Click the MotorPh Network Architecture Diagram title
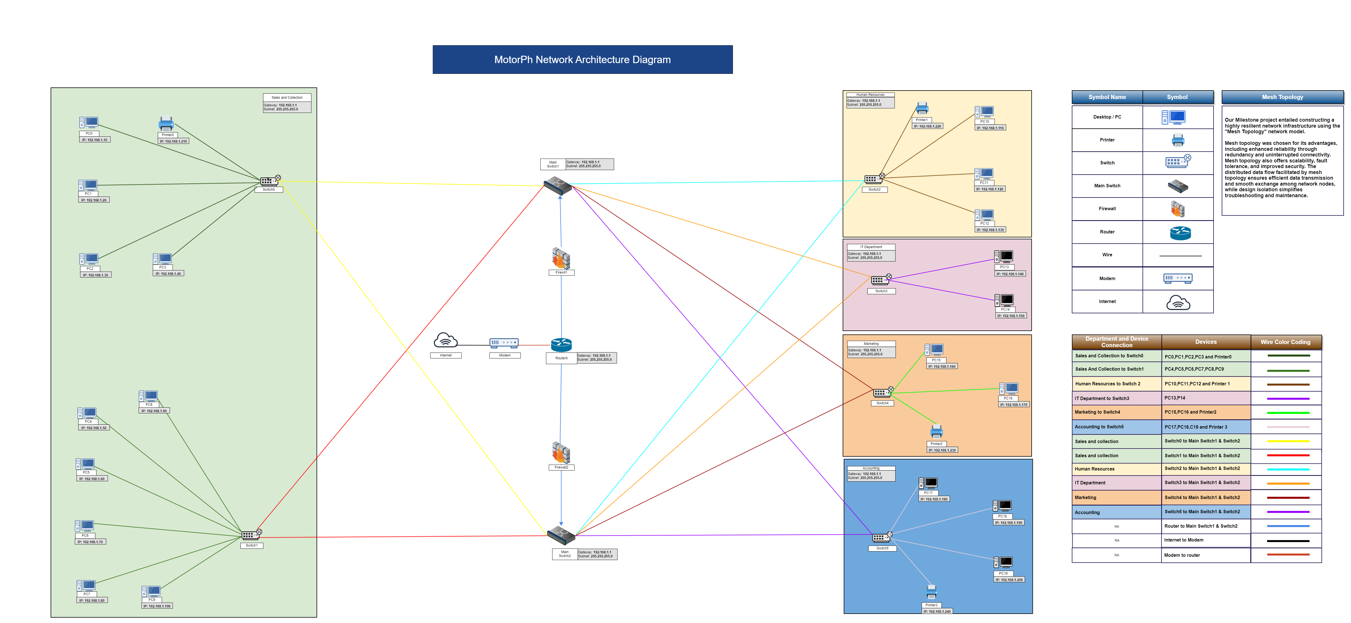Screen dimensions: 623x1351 [x=582, y=60]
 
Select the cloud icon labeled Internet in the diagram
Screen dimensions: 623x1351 [x=445, y=341]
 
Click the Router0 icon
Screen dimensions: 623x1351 [x=561, y=345]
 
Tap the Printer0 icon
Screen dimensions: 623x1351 [x=166, y=124]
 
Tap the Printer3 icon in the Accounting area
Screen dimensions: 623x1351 [x=931, y=592]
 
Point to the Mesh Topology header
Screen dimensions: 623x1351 [x=1282, y=97]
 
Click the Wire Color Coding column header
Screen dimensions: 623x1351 [x=1285, y=342]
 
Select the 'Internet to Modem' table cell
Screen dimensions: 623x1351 [x=1205, y=540]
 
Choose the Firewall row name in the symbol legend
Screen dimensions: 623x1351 [x=1107, y=209]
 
